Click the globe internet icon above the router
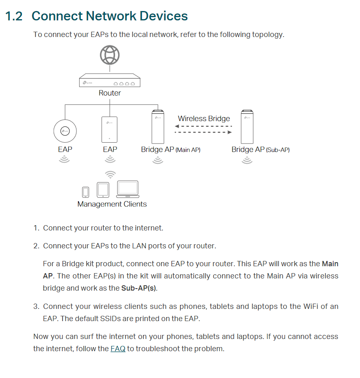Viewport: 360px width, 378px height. [110, 56]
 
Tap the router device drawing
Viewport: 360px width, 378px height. [110, 80]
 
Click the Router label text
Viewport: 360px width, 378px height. [110, 93]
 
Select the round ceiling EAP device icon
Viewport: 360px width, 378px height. [65, 130]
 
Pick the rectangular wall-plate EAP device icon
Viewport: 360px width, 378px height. [110, 130]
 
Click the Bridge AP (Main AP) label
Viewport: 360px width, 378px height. [171, 150]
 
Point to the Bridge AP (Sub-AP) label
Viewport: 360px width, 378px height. [260, 150]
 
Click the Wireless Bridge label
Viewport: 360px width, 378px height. [204, 119]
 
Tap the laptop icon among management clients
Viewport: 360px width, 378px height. [128, 189]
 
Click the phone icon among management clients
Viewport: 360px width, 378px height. [85, 192]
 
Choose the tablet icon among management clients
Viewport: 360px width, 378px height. [103, 190]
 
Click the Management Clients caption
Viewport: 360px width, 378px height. [112, 204]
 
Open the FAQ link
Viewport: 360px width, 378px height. [118, 349]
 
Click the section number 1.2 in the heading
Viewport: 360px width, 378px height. [14, 16]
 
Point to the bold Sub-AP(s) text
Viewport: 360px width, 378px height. [139, 289]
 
